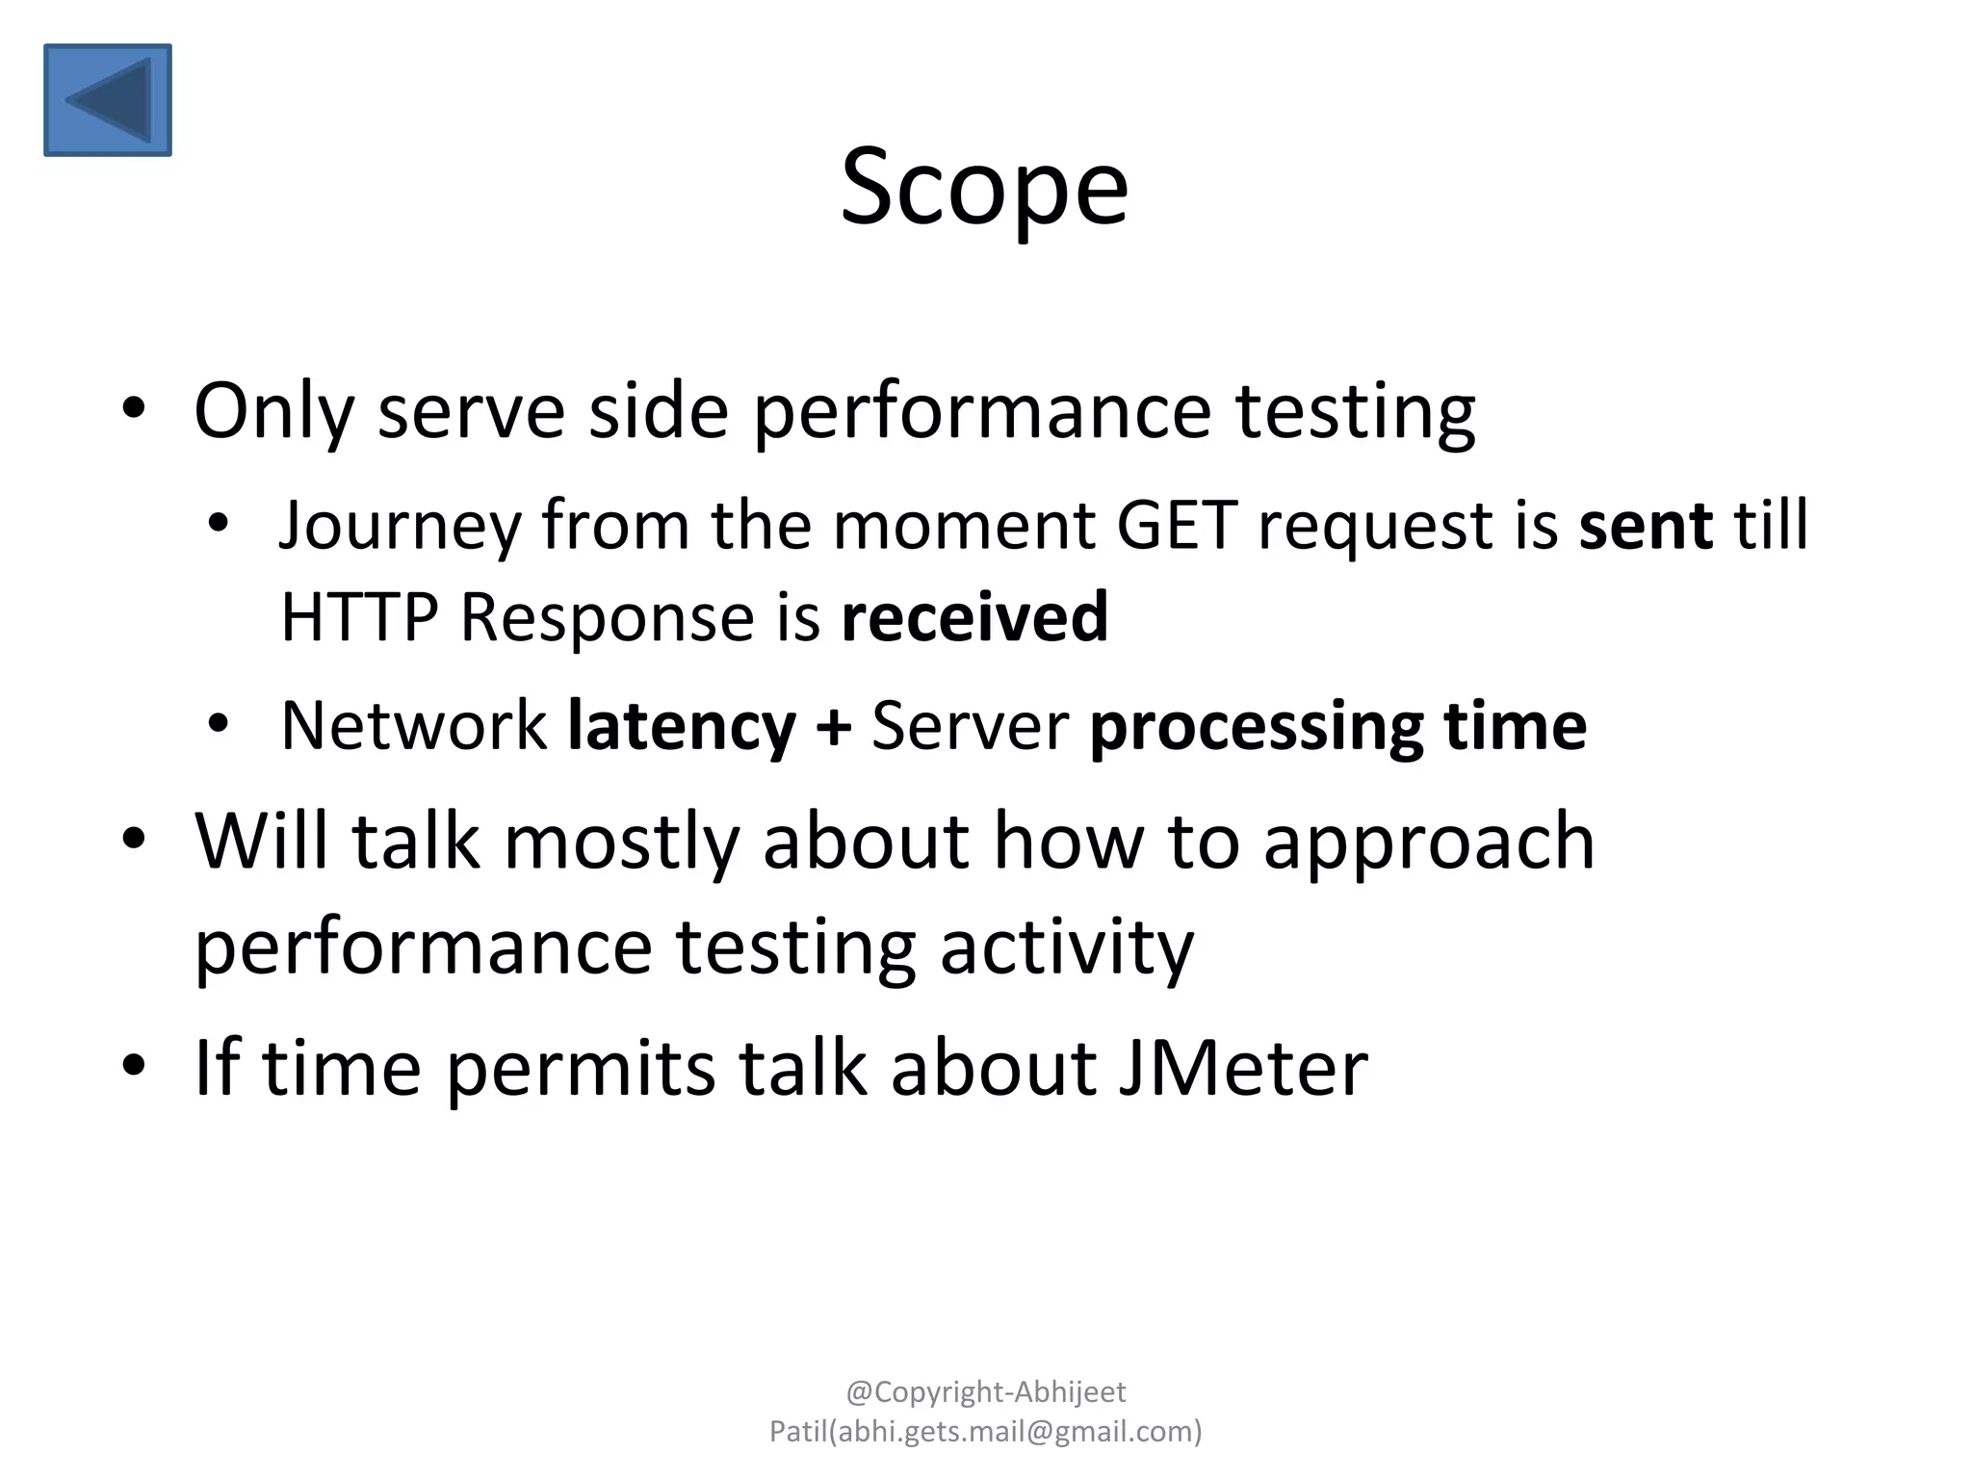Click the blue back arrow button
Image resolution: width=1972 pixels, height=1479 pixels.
click(108, 99)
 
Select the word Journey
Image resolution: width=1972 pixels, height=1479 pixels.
click(398, 527)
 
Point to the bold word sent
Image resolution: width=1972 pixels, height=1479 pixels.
click(1646, 526)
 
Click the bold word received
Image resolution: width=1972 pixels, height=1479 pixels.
click(974, 617)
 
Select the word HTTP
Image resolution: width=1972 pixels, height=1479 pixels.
click(359, 617)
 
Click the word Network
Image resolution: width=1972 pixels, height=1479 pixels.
click(413, 725)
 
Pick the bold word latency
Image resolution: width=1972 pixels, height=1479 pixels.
click(681, 727)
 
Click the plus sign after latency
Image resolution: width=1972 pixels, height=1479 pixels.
click(833, 727)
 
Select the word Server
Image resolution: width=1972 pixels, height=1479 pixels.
click(970, 725)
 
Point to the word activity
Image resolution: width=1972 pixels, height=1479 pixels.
click(1066, 948)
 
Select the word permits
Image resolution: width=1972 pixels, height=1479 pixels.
click(581, 1069)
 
